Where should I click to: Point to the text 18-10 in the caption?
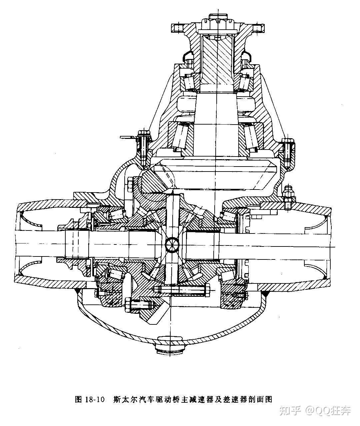(95, 399)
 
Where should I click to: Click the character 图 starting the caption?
(79, 399)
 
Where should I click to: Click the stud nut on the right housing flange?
(288, 193)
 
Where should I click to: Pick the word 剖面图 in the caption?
(263, 399)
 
